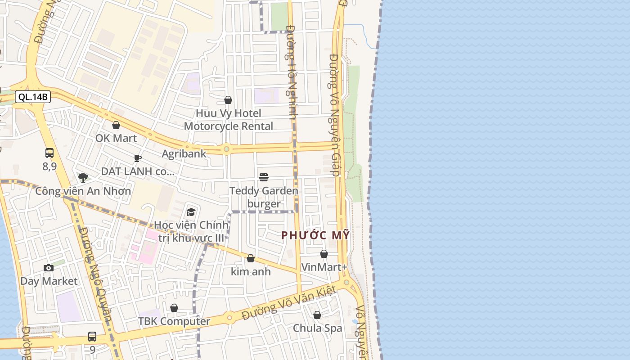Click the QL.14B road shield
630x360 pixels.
(33, 97)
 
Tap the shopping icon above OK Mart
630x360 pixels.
(116, 125)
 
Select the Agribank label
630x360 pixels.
(184, 153)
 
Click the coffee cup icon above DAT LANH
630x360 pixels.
(138, 158)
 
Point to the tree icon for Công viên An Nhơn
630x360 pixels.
(83, 178)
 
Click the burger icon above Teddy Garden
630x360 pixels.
(264, 177)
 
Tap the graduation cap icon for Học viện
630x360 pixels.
(191, 212)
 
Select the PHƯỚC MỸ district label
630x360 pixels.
(315, 235)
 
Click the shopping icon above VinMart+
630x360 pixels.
(324, 254)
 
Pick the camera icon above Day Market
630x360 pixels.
(49, 268)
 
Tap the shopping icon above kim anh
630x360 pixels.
(251, 258)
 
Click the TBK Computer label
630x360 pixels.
(174, 321)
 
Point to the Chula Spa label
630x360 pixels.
(318, 328)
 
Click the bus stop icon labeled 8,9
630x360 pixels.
(49, 153)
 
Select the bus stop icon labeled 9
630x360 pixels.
(92, 336)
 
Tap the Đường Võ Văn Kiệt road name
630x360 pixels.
(289, 304)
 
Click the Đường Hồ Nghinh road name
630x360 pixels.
(292, 72)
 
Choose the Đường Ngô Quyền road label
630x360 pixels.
(95, 274)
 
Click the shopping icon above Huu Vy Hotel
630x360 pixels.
(228, 100)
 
